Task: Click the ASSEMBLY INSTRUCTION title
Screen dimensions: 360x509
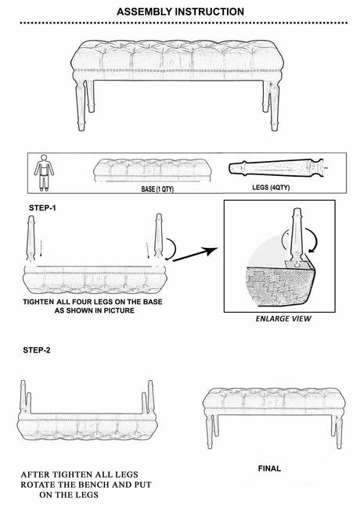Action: [180, 12]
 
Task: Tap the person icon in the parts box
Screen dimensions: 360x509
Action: [44, 173]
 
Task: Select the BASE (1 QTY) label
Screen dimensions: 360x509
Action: [157, 189]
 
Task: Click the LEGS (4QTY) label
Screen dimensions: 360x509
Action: [271, 188]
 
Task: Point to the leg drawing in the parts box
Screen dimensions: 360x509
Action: [277, 168]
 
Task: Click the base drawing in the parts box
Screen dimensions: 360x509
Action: [153, 170]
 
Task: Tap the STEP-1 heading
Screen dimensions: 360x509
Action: [42, 208]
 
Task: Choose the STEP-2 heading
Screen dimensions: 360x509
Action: [37, 350]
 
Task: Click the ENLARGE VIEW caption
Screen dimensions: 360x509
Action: [283, 318]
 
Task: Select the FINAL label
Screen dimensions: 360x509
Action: [269, 468]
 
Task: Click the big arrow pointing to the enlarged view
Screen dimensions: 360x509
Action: [195, 254]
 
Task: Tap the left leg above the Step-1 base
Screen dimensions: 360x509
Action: [31, 238]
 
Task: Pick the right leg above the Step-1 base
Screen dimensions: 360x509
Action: [159, 235]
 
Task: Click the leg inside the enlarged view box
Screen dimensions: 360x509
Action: [297, 235]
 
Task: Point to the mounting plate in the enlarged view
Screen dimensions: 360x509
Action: [296, 265]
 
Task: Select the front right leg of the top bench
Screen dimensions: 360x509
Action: [274, 106]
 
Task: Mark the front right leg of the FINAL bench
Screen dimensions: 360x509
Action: [339, 432]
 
